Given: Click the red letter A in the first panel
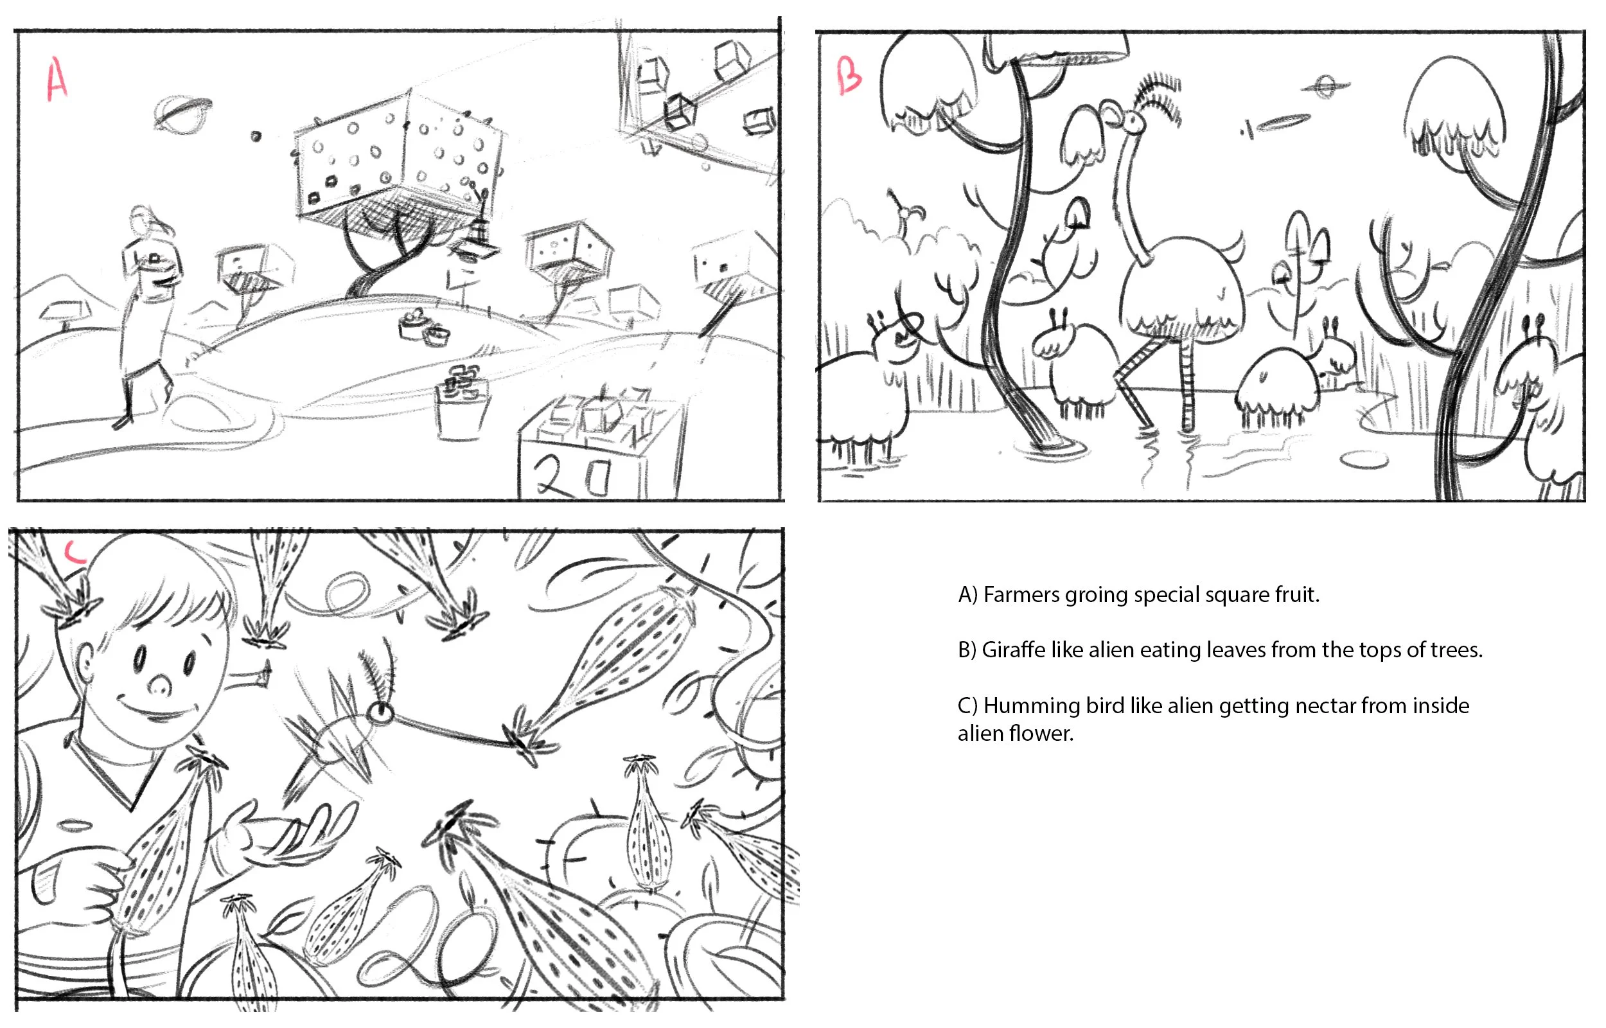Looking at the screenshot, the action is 57,79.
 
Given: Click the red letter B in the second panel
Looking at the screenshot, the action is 849,75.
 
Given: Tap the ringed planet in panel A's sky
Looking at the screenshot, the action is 182,113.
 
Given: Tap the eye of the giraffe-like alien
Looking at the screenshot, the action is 1133,121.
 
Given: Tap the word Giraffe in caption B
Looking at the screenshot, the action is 1014,650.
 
